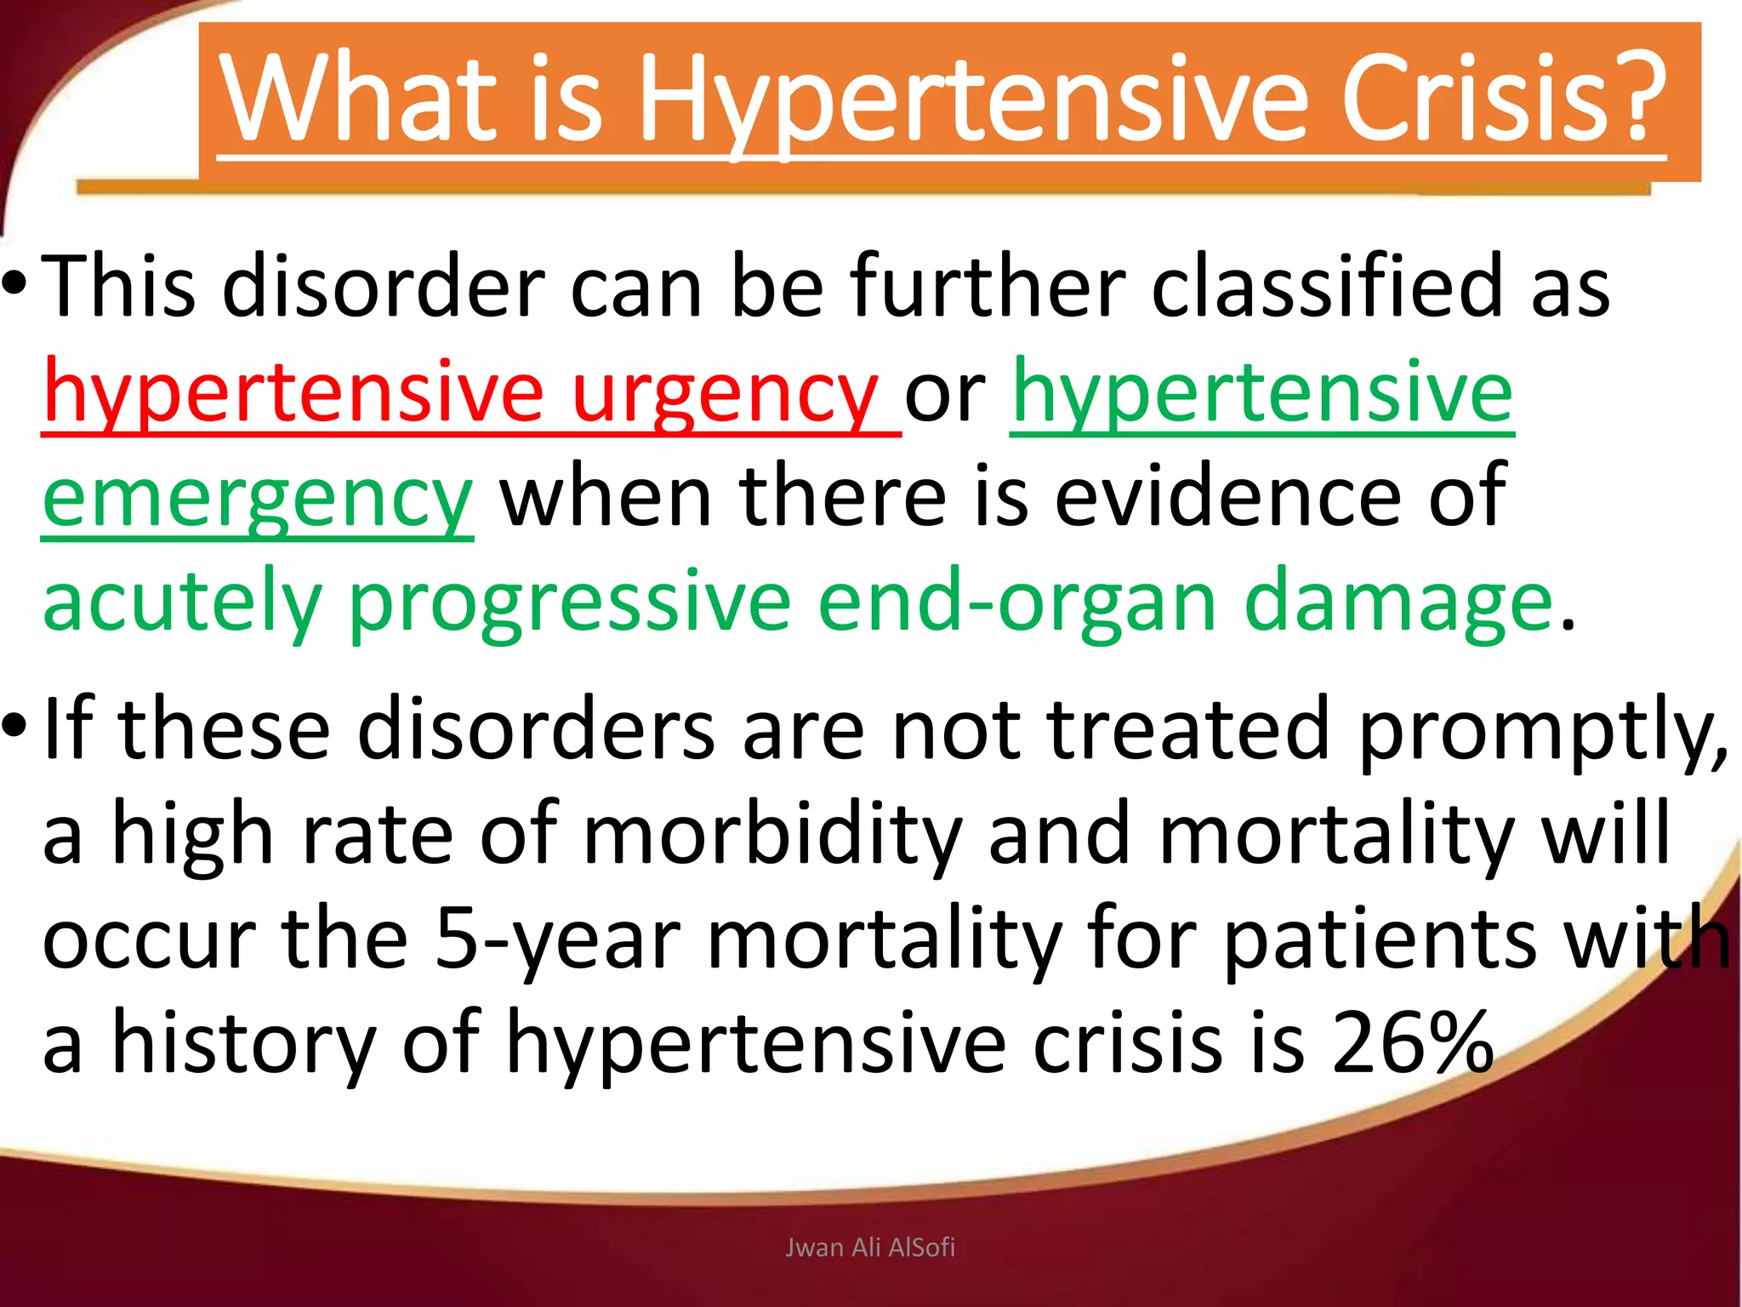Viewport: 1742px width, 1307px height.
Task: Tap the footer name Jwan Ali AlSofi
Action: [x=870, y=1247]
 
